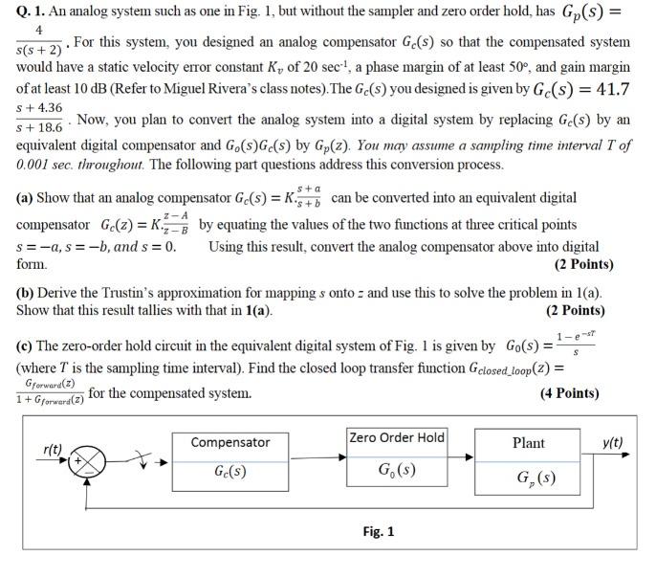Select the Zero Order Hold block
[x=398, y=457]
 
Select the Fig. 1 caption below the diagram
[x=378, y=532]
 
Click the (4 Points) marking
[x=573, y=393]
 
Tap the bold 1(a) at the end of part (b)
[x=255, y=310]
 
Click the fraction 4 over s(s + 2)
[x=38, y=41]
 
